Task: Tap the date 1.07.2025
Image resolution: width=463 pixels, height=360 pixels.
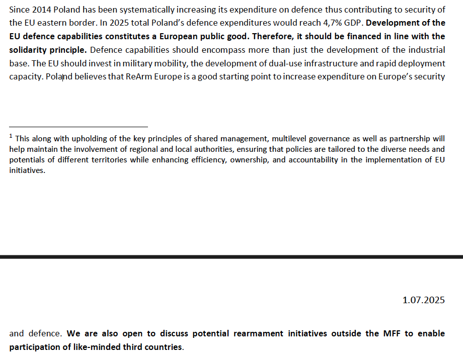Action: point(423,300)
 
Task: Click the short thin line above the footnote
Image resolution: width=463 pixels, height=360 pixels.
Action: point(78,127)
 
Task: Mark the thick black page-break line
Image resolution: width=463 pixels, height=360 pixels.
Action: point(232,256)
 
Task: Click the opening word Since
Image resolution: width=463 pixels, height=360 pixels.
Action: point(19,10)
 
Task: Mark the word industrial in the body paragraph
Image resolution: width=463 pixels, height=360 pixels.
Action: point(427,50)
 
